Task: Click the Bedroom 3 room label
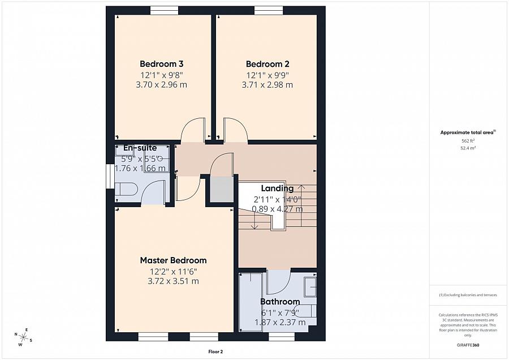click(x=161, y=64)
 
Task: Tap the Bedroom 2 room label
click(x=267, y=64)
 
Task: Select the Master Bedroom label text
click(x=173, y=260)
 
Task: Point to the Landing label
click(x=277, y=188)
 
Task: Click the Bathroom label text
click(x=280, y=302)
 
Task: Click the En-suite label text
click(x=140, y=148)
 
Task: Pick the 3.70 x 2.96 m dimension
click(x=161, y=85)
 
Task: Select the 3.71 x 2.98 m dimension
click(x=267, y=85)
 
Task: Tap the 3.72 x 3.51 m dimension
click(x=173, y=281)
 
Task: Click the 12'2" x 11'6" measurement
click(x=173, y=271)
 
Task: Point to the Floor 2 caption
click(x=215, y=352)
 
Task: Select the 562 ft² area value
click(x=467, y=140)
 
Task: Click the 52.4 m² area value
click(x=467, y=148)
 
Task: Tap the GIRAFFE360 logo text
click(x=468, y=345)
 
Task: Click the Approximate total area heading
click(x=467, y=132)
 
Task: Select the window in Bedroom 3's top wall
click(x=164, y=10)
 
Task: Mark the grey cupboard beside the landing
click(x=221, y=189)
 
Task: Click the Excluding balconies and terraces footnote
click(x=467, y=295)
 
